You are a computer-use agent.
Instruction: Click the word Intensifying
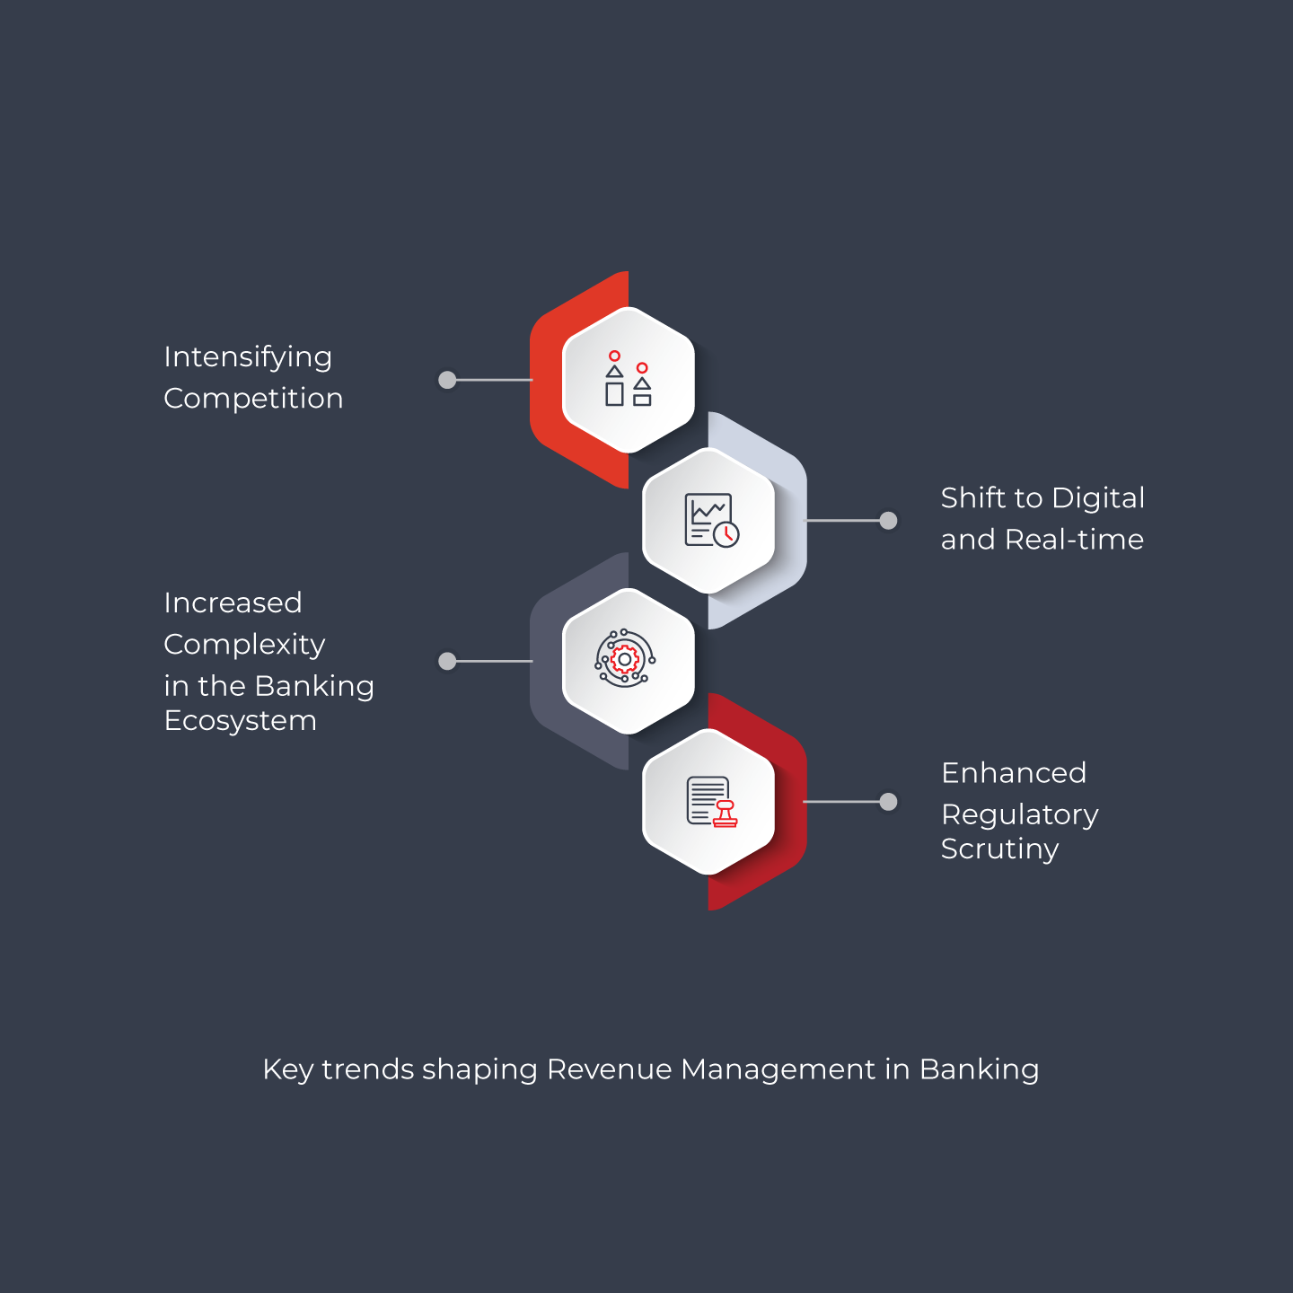[x=248, y=357]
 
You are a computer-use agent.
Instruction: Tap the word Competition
[x=253, y=400]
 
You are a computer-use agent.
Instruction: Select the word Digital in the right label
[x=1098, y=498]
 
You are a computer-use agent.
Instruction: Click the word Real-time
[x=1074, y=540]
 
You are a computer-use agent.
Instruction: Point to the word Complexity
[x=244, y=646]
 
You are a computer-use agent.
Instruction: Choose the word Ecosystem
[x=241, y=722]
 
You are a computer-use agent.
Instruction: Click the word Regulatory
[x=1019, y=815]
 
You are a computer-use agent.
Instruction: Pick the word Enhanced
[x=1013, y=773]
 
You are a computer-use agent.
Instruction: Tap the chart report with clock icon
[x=711, y=521]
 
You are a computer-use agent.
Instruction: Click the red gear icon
[x=625, y=660]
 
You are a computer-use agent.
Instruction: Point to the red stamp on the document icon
[x=725, y=814]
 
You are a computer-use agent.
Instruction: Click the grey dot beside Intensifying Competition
[x=447, y=381]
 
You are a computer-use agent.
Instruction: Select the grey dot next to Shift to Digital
[x=888, y=521]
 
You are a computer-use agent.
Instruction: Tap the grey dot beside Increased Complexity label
[x=447, y=662]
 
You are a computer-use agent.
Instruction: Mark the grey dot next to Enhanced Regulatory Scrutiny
[x=888, y=802]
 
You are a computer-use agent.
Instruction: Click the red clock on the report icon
[x=726, y=535]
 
